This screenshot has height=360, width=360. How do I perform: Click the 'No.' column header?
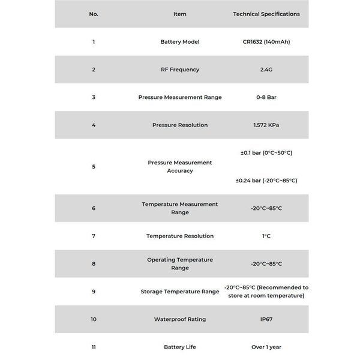coord(94,14)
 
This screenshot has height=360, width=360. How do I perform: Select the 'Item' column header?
coord(180,14)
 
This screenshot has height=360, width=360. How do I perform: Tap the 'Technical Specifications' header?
coord(266,14)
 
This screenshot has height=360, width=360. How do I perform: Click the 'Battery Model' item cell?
coord(180,42)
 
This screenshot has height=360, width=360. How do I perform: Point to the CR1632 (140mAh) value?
coord(266,42)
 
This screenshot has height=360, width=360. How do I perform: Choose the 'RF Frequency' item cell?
coord(180,70)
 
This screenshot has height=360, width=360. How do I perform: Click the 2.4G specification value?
coord(266,70)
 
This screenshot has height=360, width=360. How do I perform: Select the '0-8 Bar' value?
coord(266,97)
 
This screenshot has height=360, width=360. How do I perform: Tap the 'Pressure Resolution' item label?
coord(180,125)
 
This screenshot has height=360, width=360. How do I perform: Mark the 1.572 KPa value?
coord(266,125)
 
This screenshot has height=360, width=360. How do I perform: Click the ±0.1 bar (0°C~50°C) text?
coord(266,152)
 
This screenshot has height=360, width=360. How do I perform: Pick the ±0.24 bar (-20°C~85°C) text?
coord(266,180)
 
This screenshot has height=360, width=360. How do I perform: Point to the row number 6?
coord(94,208)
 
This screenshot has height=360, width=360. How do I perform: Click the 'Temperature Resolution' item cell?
coord(180,236)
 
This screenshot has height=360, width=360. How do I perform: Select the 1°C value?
coord(266,236)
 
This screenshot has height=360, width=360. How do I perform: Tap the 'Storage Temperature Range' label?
coord(180,292)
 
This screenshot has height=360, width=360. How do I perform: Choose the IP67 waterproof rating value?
coord(266,319)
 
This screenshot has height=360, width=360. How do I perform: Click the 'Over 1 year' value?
coord(266,347)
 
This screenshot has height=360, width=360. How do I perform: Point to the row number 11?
coord(94,347)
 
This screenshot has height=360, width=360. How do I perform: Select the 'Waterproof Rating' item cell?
coord(180,319)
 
